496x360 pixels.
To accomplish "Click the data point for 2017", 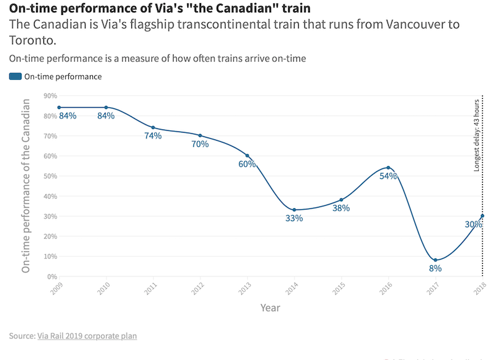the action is click(436, 260).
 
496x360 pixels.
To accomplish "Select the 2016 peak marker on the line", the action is click(389, 167).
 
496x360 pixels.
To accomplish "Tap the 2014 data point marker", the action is click(294, 210).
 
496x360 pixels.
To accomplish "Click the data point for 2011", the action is click(153, 128).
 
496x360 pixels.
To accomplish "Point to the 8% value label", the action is click(435, 268).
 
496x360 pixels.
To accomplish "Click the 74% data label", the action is click(153, 136).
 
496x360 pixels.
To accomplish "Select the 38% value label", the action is click(341, 208).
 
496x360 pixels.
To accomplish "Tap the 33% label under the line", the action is click(294, 218).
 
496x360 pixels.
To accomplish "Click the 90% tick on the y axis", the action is click(50, 96).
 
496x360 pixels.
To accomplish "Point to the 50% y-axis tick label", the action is click(50, 176).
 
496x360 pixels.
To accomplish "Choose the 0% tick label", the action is click(52, 277).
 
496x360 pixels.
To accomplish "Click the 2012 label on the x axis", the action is click(198, 288).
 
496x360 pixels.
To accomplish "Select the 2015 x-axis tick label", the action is click(339, 288).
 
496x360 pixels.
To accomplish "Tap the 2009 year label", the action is click(56, 288).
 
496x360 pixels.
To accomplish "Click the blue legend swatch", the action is click(15, 76).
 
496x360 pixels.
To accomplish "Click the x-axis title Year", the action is click(270, 308).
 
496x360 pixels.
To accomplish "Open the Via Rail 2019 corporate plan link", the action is click(87, 336).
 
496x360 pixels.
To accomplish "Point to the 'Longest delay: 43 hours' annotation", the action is click(477, 135).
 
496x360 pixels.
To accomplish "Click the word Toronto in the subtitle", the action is click(33, 40).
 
